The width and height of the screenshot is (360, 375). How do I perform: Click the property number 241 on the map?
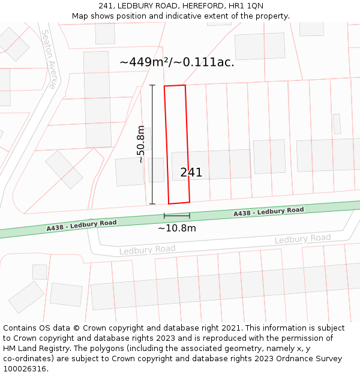click(191, 173)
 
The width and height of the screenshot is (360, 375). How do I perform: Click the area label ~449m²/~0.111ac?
click(177, 62)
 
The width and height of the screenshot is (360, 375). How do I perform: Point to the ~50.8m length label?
click(140, 144)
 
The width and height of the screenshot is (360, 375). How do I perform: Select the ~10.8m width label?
click(177, 228)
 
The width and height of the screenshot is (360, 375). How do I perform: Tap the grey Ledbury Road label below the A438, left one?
click(147, 249)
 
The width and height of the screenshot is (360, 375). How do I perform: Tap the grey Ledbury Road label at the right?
click(302, 239)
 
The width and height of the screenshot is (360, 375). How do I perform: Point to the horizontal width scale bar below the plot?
click(177, 216)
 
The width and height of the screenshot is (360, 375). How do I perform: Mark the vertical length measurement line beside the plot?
click(152, 144)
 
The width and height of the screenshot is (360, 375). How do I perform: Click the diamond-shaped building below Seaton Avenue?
click(64, 169)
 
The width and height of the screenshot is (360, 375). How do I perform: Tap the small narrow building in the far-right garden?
click(337, 124)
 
